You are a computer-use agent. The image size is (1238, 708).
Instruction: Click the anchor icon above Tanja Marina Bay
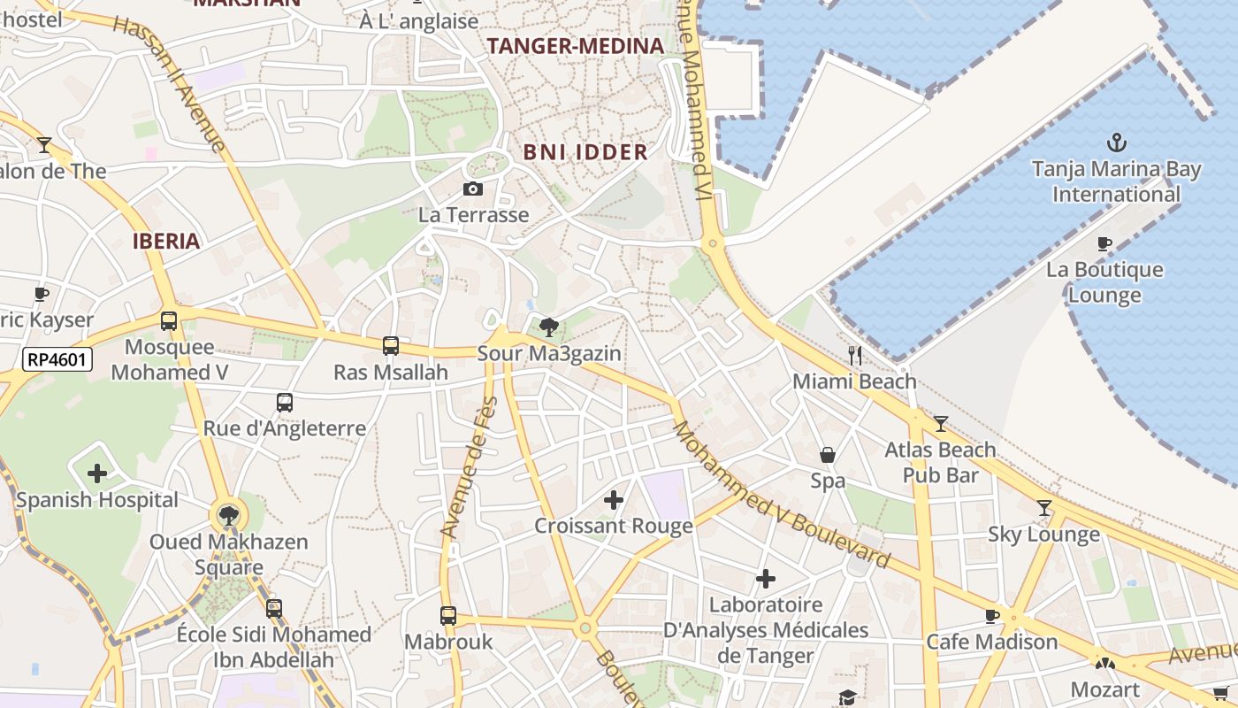[x=1117, y=142]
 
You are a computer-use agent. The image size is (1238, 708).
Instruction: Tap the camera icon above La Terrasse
[x=473, y=189]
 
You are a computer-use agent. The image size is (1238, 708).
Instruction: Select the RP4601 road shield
[x=57, y=359]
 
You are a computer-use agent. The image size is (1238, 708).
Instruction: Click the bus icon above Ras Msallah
[x=391, y=346]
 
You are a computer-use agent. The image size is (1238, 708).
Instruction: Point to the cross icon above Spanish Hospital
[x=97, y=473]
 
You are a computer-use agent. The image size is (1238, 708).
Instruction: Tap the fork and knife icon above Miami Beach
[x=855, y=356]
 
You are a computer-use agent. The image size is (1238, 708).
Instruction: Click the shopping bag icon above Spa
[x=828, y=455]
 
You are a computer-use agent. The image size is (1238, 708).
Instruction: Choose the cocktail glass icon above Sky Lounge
[x=1044, y=507]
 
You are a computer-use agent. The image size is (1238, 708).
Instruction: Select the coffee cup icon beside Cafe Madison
[x=992, y=616]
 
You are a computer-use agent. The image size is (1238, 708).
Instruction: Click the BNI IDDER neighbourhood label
[x=585, y=151]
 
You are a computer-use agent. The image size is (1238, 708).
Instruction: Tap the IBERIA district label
[x=166, y=241]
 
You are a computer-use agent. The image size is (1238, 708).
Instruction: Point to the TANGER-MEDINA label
[x=576, y=46]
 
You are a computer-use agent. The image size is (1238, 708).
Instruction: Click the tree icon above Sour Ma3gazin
[x=549, y=327]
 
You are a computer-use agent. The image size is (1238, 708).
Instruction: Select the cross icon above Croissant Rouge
[x=614, y=500]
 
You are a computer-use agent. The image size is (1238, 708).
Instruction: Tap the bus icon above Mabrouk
[x=448, y=615]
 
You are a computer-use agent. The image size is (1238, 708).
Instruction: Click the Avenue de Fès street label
[x=470, y=467]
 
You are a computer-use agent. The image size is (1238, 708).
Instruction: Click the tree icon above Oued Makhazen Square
[x=228, y=515]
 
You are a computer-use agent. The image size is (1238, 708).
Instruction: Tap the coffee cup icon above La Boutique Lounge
[x=1104, y=243]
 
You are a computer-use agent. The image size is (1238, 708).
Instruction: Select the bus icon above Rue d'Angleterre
[x=285, y=403]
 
